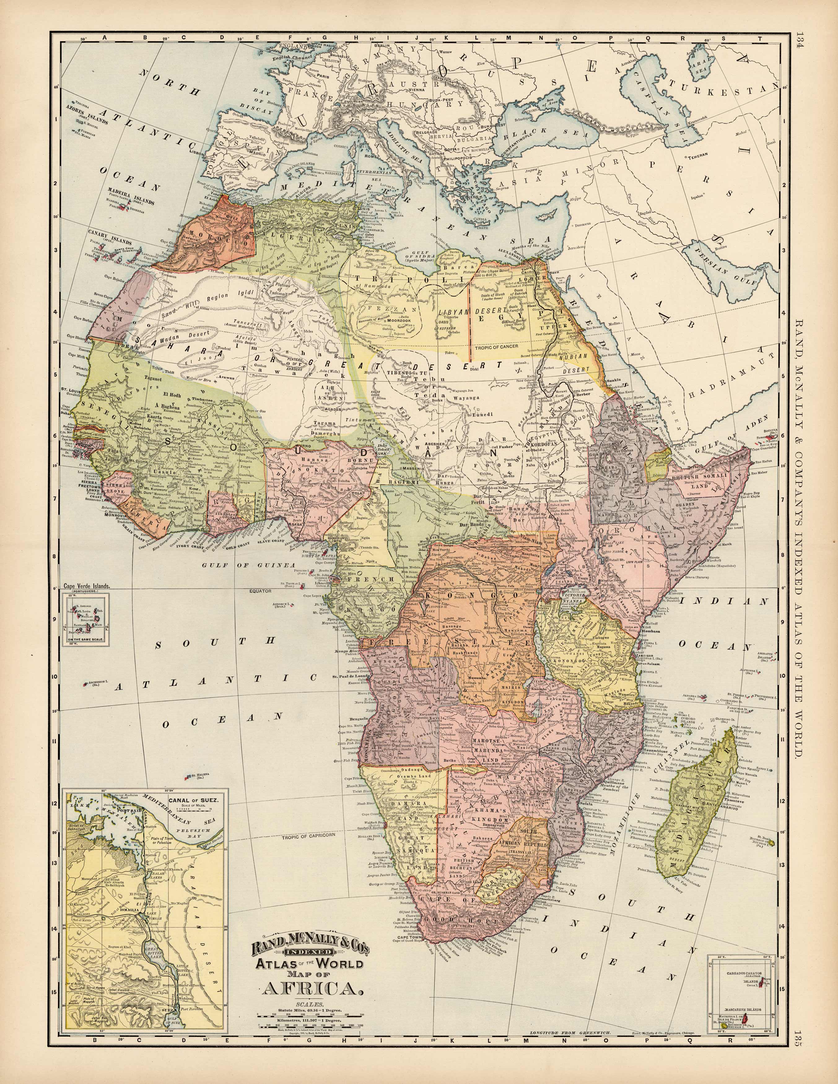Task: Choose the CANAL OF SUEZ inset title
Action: pos(196,800)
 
